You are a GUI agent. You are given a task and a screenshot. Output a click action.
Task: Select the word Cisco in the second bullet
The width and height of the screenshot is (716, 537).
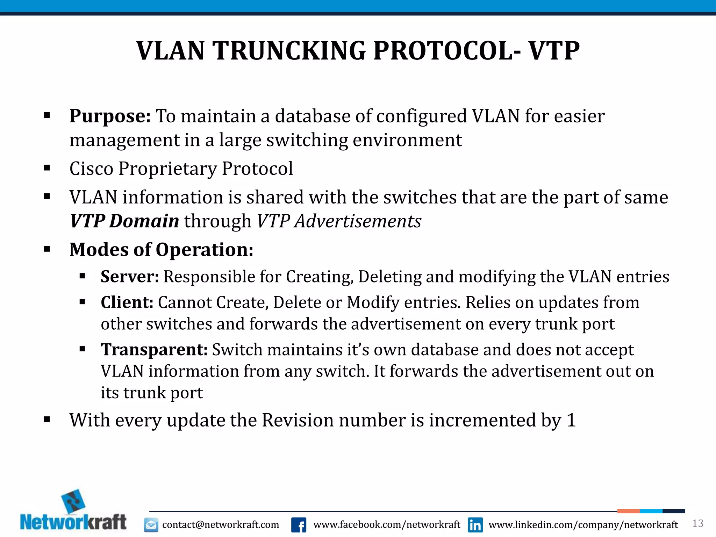[91, 169]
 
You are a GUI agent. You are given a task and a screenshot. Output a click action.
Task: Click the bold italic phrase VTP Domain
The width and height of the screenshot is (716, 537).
[124, 221]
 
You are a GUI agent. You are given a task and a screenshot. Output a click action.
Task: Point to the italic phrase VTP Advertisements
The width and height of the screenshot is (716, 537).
[339, 221]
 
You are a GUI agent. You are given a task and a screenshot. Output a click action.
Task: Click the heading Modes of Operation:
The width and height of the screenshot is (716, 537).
[161, 250]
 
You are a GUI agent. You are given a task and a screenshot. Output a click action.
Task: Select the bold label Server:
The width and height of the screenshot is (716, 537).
[130, 277]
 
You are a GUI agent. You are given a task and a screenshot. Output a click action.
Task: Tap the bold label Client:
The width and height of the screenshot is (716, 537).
[127, 302]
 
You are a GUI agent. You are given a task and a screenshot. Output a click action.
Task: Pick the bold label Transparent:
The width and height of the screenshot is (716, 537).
[154, 350]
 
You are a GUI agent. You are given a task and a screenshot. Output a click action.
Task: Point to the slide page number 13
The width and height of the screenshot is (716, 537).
[697, 523]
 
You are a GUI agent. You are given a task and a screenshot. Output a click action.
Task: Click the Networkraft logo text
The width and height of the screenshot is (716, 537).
[73, 523]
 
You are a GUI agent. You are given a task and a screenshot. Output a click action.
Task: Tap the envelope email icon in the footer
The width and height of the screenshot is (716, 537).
[151, 525]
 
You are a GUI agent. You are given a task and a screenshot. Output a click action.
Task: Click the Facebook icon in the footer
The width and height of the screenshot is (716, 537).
[299, 525]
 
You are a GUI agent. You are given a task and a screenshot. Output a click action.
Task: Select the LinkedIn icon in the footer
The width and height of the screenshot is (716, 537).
[475, 525]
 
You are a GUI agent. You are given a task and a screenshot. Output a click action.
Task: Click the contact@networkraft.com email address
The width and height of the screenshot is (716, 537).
[221, 525]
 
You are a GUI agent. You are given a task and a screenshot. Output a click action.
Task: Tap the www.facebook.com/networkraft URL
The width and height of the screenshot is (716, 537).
[387, 525]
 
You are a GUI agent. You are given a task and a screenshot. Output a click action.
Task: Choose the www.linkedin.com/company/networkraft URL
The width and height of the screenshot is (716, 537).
[583, 525]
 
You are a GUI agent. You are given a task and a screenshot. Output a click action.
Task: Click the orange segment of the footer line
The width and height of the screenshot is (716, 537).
[628, 511]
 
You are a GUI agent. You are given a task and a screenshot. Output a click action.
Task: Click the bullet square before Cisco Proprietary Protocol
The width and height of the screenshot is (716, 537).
[47, 169]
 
